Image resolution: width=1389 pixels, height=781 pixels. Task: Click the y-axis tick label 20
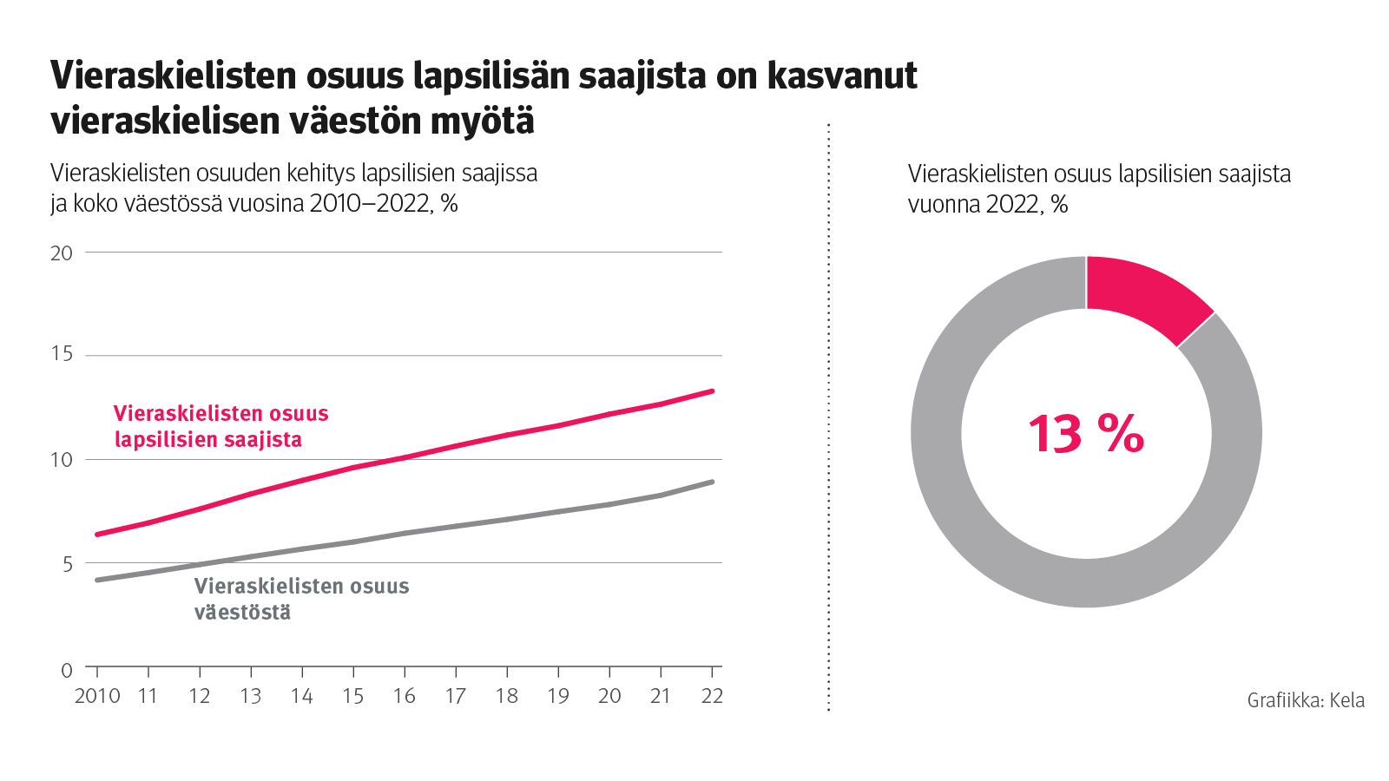[62, 253]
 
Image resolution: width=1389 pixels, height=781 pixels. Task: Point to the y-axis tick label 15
[62, 354]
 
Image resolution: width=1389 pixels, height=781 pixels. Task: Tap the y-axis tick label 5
[67, 565]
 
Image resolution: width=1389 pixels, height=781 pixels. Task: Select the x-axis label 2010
[97, 696]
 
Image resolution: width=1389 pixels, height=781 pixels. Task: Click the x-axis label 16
[405, 696]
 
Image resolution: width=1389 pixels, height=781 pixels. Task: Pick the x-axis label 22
[712, 696]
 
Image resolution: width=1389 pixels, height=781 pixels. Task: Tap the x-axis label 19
[558, 696]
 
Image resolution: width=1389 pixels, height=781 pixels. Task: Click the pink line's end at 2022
[712, 391]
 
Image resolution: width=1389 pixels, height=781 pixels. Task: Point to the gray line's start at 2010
[97, 580]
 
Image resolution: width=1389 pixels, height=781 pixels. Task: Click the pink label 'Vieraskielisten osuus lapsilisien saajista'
[221, 426]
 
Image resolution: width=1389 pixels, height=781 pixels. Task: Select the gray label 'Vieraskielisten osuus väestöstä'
[300, 599]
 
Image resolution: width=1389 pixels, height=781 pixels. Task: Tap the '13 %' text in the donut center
[1086, 434]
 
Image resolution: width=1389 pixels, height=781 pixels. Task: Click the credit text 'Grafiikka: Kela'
[1306, 700]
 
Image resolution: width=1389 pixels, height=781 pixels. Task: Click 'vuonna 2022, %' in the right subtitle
[988, 205]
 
